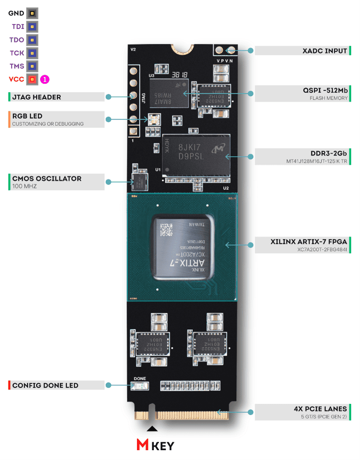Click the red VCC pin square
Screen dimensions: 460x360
point(32,80)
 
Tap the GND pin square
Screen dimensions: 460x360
point(32,13)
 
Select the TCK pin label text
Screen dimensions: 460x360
point(17,53)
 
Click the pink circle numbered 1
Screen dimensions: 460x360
point(45,80)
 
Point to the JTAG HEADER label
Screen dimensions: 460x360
point(37,97)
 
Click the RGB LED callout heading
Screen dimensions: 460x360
point(27,116)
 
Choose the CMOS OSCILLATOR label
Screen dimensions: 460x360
point(47,179)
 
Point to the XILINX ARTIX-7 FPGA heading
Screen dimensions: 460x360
point(309,242)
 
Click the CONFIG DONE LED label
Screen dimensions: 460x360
point(45,386)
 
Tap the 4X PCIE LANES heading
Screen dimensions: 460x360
point(318,409)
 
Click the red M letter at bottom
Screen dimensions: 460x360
point(143,445)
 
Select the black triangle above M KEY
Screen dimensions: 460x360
point(152,429)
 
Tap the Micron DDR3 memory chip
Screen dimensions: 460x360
point(196,151)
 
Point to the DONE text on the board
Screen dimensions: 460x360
point(140,378)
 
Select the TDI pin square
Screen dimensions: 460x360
point(32,27)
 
